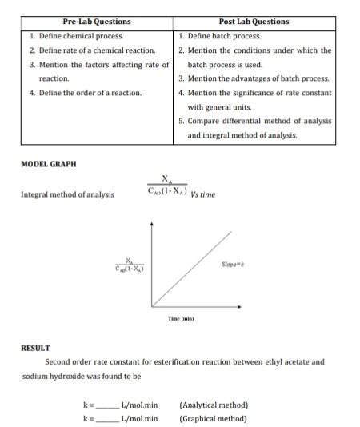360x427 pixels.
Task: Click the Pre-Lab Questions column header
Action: coord(96,22)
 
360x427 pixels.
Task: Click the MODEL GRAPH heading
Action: coord(49,163)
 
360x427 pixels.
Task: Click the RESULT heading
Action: coord(35,348)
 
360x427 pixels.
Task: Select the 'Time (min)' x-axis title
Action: coord(180,318)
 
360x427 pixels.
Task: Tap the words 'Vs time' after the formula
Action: coord(202,194)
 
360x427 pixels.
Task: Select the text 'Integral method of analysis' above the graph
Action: coord(67,194)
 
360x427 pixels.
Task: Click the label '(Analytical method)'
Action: coord(214,405)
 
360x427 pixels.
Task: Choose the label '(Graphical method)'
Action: coord(213,418)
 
